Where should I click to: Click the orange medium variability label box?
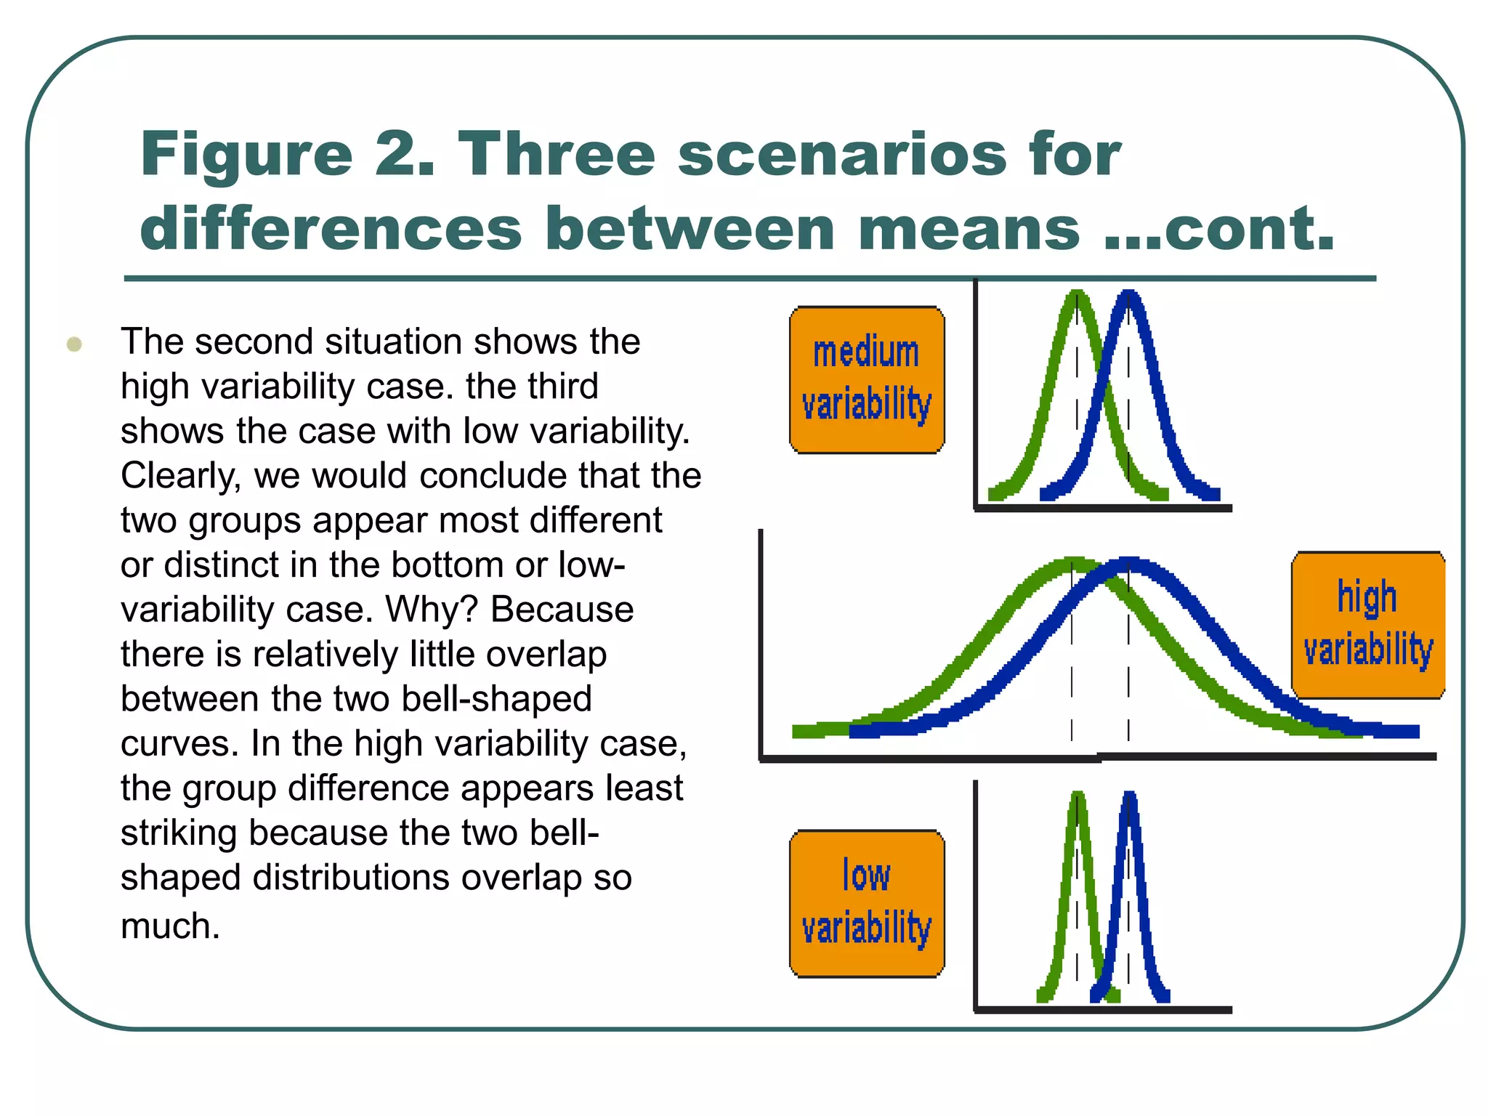[867, 380]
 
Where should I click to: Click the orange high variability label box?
[1367, 625]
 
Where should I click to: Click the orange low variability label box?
[867, 904]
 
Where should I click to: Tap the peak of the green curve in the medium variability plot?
[1078, 294]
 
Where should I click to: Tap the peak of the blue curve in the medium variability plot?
[1128, 294]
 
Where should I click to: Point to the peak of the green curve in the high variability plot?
[1072, 562]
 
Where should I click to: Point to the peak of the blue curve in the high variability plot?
[1128, 563]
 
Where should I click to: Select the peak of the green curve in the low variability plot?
[1078, 796]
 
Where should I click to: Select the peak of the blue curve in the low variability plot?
[1129, 796]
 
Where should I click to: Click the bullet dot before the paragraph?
[74, 344]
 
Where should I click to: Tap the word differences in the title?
[331, 228]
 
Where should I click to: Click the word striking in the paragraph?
[178, 833]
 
